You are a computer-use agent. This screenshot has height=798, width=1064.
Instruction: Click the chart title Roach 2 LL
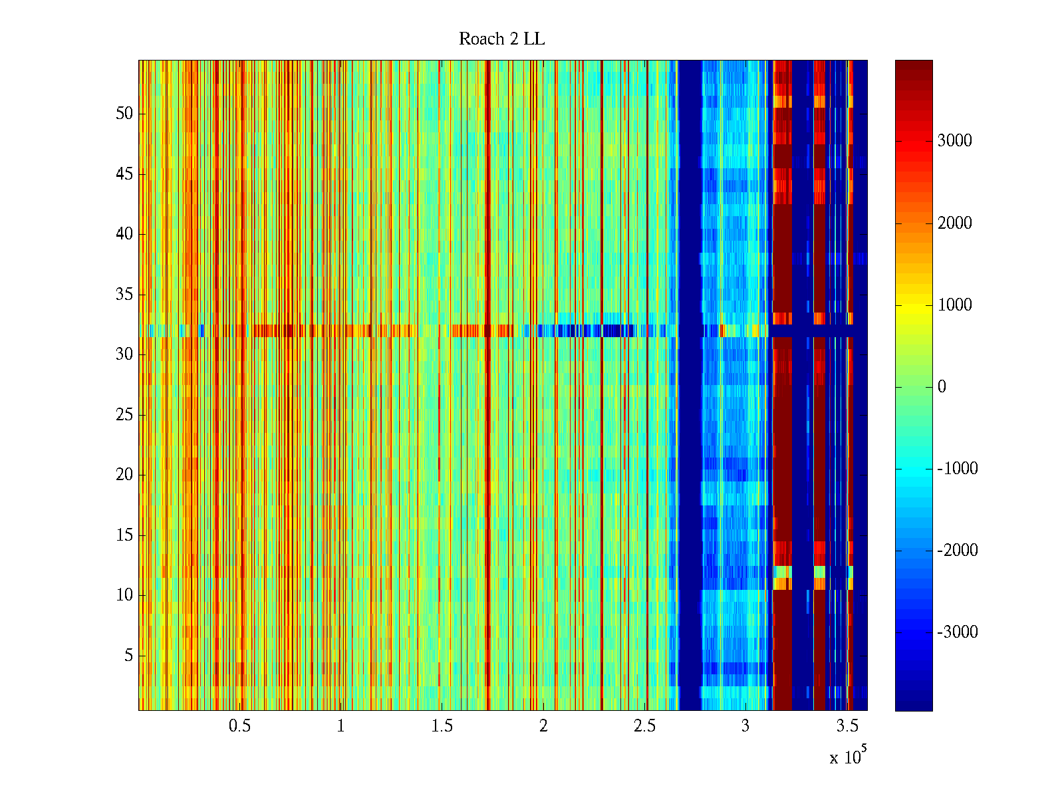click(501, 39)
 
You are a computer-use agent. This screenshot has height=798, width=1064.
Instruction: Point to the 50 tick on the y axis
click(124, 114)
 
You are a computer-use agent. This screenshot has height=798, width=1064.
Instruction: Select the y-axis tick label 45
click(124, 174)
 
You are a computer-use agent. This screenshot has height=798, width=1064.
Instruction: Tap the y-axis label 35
click(124, 295)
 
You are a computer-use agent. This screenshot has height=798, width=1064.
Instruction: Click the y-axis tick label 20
click(124, 475)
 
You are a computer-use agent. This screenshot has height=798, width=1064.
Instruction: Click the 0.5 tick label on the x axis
click(239, 726)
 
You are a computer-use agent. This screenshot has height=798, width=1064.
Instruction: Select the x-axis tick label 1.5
click(442, 726)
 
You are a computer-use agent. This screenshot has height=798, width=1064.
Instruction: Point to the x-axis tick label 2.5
click(644, 726)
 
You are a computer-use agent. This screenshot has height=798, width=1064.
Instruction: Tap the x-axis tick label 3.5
click(847, 726)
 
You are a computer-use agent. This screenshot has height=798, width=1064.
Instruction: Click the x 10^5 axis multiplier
click(847, 756)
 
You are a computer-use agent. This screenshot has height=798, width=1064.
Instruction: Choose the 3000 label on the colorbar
click(954, 141)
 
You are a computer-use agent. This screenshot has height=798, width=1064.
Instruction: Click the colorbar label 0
click(942, 387)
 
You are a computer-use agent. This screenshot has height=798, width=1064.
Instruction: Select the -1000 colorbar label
click(958, 469)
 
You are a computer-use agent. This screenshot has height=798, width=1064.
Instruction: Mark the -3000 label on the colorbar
click(958, 632)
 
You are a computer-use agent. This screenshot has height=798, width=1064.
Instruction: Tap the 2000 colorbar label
click(954, 223)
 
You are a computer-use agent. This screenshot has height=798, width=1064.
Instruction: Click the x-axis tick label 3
click(745, 726)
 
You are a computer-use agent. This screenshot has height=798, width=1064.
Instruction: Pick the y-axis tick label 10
click(124, 595)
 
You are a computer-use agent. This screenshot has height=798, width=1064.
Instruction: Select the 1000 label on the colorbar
click(954, 305)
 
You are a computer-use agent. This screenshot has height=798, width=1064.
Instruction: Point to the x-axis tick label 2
click(543, 726)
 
